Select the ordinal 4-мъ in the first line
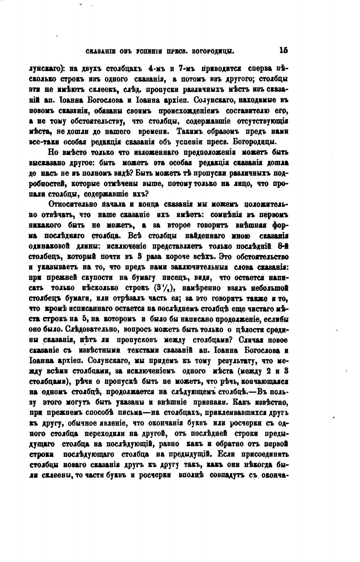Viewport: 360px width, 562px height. click(x=156, y=68)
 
